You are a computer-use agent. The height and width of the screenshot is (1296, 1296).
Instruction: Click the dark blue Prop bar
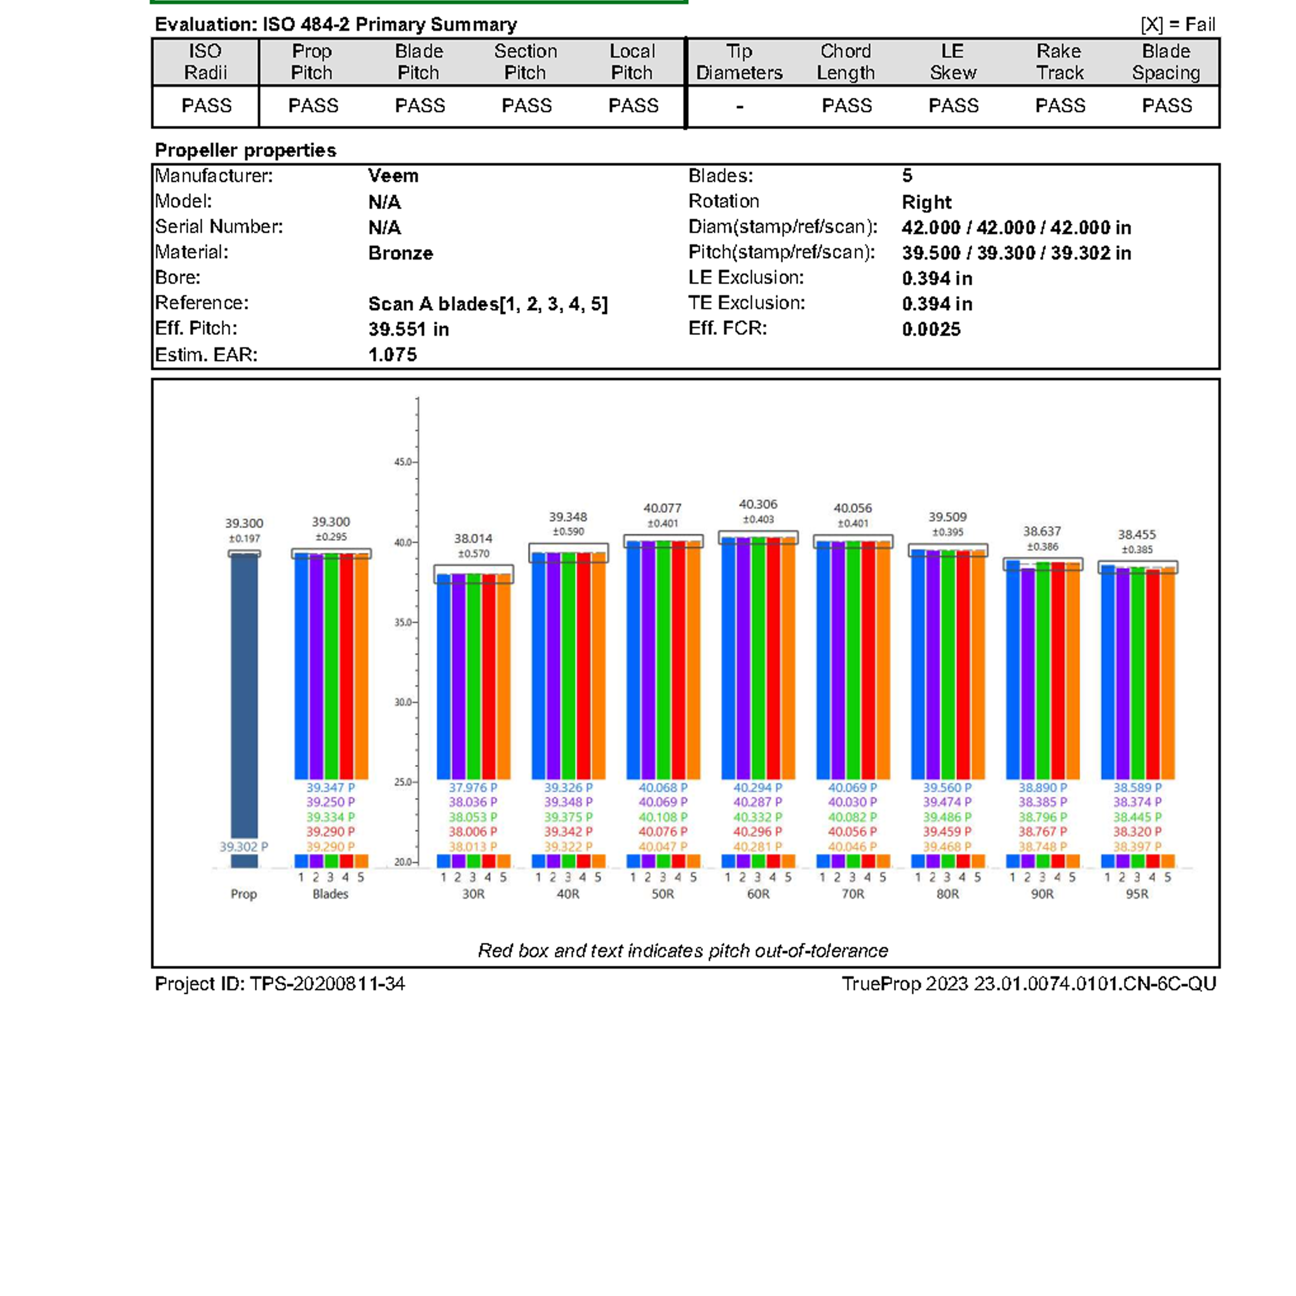tap(244, 698)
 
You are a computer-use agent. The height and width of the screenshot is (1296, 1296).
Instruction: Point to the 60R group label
tap(758, 894)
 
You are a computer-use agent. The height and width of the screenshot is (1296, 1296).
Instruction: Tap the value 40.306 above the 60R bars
tap(758, 504)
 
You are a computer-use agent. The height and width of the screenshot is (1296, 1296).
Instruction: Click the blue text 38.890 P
tap(1042, 788)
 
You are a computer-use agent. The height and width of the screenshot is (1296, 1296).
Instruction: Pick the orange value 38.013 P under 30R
tap(473, 847)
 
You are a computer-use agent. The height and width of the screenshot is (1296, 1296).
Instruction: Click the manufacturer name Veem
tap(393, 176)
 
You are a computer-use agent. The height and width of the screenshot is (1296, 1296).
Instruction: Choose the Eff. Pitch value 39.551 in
tap(409, 330)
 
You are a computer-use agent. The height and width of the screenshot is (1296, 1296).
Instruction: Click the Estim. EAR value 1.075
tap(392, 355)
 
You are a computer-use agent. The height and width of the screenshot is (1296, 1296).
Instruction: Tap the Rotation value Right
tap(926, 202)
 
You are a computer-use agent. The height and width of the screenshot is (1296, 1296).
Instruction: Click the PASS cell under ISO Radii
tap(206, 106)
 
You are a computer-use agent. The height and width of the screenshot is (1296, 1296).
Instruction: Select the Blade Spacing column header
tap(1166, 62)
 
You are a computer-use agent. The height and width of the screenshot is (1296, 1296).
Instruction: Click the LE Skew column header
tap(953, 62)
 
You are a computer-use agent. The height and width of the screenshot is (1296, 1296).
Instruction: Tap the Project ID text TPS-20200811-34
tap(327, 984)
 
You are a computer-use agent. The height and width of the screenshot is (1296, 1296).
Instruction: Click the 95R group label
tap(1137, 894)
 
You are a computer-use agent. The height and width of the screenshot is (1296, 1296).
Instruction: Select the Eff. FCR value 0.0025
tap(931, 330)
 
